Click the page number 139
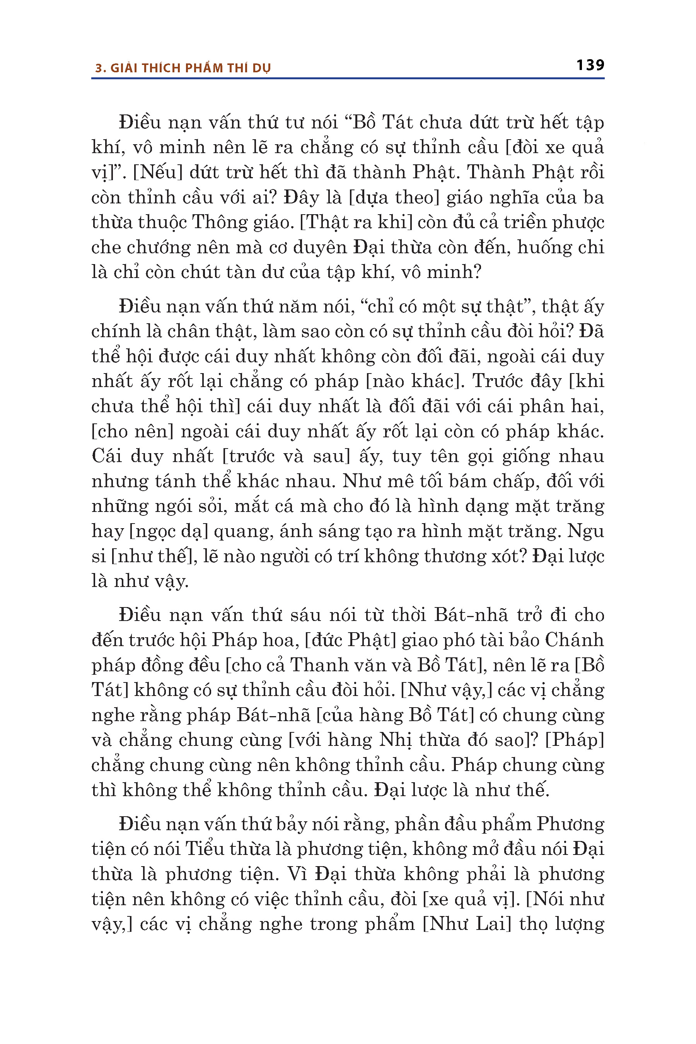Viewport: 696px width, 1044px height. (590, 65)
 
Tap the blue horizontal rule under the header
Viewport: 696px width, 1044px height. (348, 78)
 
